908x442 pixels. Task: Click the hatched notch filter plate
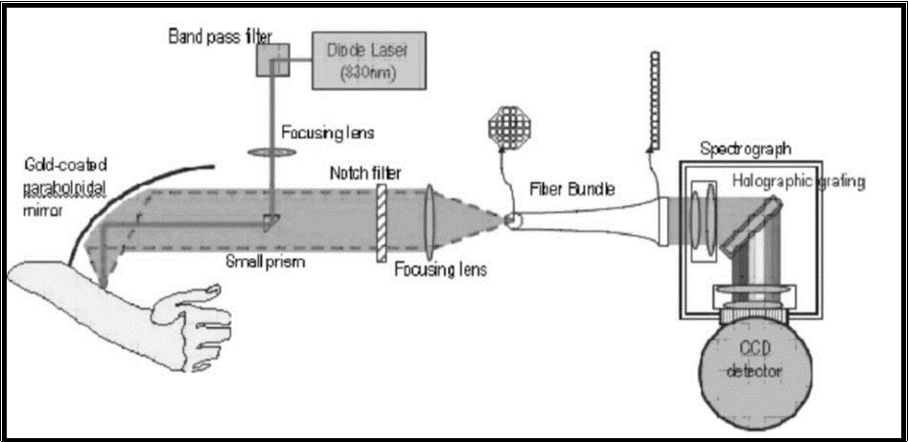(x=383, y=220)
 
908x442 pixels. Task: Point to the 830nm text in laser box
(x=368, y=74)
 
